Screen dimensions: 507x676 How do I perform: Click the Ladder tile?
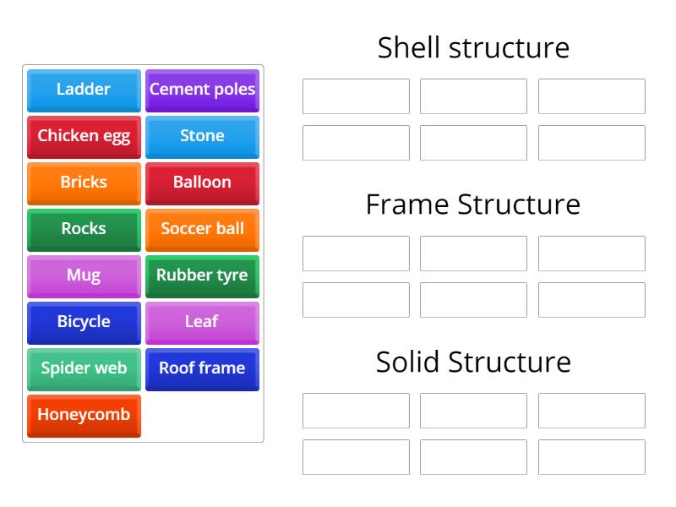tap(84, 90)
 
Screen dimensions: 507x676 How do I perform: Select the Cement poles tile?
tap(202, 90)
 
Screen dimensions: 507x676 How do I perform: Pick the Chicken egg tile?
tap(84, 136)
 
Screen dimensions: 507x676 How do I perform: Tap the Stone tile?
tap(202, 136)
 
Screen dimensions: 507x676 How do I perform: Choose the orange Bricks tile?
tap(84, 183)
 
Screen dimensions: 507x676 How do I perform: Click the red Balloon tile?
tap(202, 183)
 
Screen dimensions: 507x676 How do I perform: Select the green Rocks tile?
tap(84, 229)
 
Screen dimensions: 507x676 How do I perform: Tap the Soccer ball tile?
tap(202, 229)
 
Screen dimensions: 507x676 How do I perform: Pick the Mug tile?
tap(84, 275)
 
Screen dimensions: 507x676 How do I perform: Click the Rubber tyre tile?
tap(202, 275)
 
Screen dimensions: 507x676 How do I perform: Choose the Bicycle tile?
tap(84, 322)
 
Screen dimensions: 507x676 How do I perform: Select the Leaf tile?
tap(202, 322)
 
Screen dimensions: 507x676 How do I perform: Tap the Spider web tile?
tap(84, 368)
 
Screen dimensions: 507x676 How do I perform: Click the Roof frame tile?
tap(202, 368)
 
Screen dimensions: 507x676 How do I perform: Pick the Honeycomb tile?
tap(84, 415)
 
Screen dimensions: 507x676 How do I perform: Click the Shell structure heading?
tap(473, 47)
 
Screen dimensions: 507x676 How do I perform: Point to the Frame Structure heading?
tap(473, 204)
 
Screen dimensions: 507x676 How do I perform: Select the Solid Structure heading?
tap(473, 362)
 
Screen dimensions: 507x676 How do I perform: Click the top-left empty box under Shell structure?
tap(356, 96)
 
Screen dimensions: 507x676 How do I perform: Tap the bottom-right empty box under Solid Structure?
tap(591, 457)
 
